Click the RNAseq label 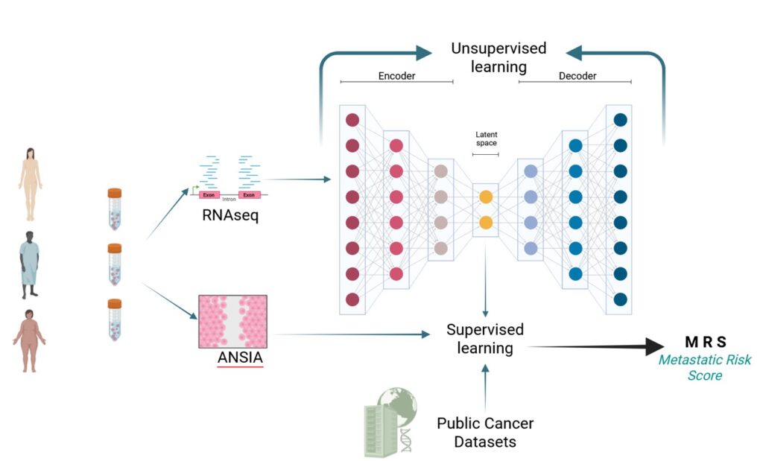tap(230, 217)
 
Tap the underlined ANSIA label tap(240, 357)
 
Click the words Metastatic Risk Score tap(705, 368)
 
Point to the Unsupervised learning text tap(498, 57)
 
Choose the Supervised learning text tap(485, 338)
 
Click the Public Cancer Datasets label tap(485, 432)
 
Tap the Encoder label tap(396, 76)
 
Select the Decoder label tap(577, 76)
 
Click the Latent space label tap(486, 139)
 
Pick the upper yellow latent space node tap(486, 197)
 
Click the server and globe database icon tap(390, 421)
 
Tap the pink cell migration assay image tap(232, 322)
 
